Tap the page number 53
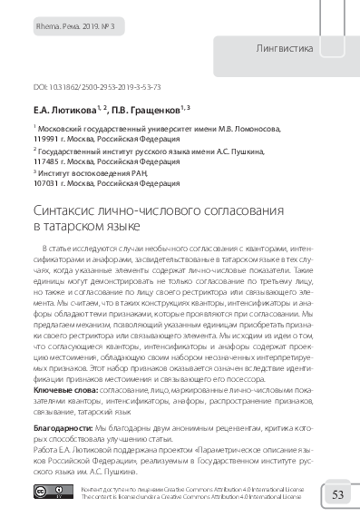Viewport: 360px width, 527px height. tap(336, 494)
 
